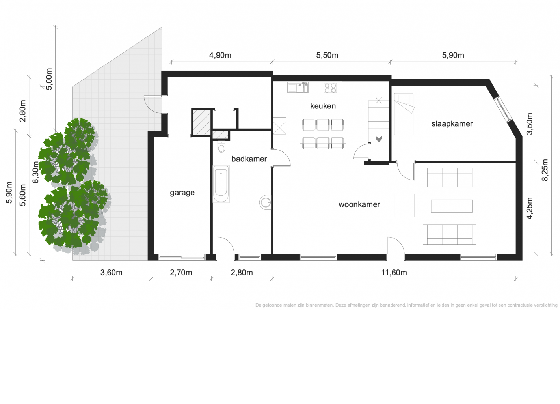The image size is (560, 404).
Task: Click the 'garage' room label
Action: pos(182,193)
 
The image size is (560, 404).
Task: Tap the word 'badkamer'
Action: pos(249,159)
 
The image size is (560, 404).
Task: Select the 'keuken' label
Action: pos(323,106)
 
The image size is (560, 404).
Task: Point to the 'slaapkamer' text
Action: pos(452,123)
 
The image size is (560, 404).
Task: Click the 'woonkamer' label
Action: pos(359,204)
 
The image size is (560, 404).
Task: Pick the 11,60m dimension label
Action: pos(394,272)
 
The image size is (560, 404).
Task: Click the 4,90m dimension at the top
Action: pos(220,55)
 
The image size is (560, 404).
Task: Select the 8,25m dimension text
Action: pos(545,170)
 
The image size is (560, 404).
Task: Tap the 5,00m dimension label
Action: pos(49,79)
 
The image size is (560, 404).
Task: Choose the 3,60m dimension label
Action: pos(111,272)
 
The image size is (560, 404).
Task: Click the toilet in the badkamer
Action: pos(221,147)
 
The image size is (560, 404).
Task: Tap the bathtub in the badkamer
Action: pos(221,184)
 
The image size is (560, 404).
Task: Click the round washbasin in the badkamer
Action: pos(266,202)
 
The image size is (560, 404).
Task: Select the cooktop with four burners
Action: pos(330,88)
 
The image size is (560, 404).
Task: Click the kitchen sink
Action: pos(298,88)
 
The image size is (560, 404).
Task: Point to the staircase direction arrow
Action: pos(379,138)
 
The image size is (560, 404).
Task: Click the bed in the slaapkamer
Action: pos(404,114)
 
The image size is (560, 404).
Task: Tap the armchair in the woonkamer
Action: pos(405,206)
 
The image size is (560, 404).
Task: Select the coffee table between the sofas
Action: pos(452,206)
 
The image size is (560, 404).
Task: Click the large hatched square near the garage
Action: pos(201,122)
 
